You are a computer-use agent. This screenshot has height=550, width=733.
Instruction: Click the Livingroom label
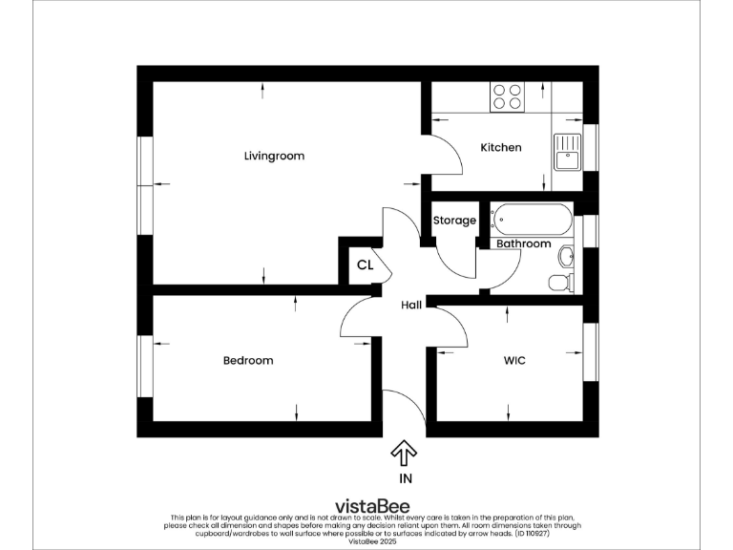pyautogui.click(x=274, y=156)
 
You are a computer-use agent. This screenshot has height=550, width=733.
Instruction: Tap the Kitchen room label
pyautogui.click(x=500, y=148)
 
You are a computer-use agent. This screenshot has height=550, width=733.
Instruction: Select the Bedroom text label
pyautogui.click(x=248, y=361)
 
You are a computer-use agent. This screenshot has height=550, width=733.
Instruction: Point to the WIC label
pyautogui.click(x=514, y=361)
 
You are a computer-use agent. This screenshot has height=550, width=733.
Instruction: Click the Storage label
pyautogui.click(x=454, y=221)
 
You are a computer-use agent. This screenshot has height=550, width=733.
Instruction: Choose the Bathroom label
pyautogui.click(x=523, y=244)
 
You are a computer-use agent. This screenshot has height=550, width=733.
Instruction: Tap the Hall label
pyautogui.click(x=411, y=305)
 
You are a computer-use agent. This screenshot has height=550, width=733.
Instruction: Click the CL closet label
pyautogui.click(x=365, y=265)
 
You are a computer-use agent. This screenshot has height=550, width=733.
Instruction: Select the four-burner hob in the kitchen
pyautogui.click(x=508, y=96)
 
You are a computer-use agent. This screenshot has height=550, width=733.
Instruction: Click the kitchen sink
pyautogui.click(x=566, y=151)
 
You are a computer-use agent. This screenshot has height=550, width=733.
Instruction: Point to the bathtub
pyautogui.click(x=533, y=222)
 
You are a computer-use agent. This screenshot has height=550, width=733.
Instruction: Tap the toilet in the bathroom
pyautogui.click(x=562, y=282)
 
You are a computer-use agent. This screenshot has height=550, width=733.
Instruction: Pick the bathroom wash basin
pyautogui.click(x=567, y=255)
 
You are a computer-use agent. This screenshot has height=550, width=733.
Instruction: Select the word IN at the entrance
pyautogui.click(x=404, y=478)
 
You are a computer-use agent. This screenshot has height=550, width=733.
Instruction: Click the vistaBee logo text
pyautogui.click(x=366, y=506)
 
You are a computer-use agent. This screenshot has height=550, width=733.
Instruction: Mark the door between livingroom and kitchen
pyautogui.click(x=442, y=155)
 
